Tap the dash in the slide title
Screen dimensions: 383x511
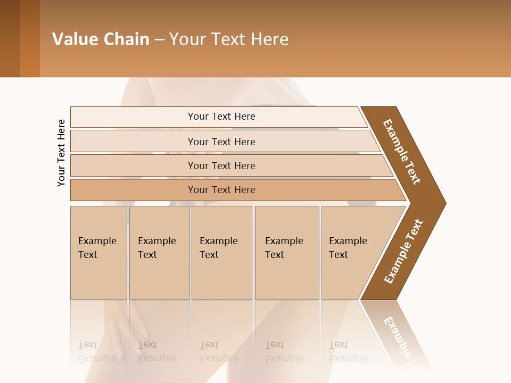coord(159,39)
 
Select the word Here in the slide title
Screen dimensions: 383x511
coord(269,39)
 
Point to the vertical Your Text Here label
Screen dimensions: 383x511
coord(61,153)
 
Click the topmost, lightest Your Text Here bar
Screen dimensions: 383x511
coord(221,116)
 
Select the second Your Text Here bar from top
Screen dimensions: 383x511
coord(221,141)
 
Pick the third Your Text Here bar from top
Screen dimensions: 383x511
coord(221,165)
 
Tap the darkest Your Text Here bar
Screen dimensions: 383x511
coord(221,190)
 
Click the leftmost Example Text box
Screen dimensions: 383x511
coord(98,253)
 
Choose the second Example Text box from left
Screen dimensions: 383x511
coord(159,253)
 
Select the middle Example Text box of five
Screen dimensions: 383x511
coord(221,253)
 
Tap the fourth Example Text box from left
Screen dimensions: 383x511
coord(287,253)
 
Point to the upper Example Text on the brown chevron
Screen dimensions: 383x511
coord(402,152)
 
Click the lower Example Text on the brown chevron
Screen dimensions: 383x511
coord(403,251)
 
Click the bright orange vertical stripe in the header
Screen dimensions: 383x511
coord(30,39)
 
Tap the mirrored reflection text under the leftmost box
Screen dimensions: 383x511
coord(97,351)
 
